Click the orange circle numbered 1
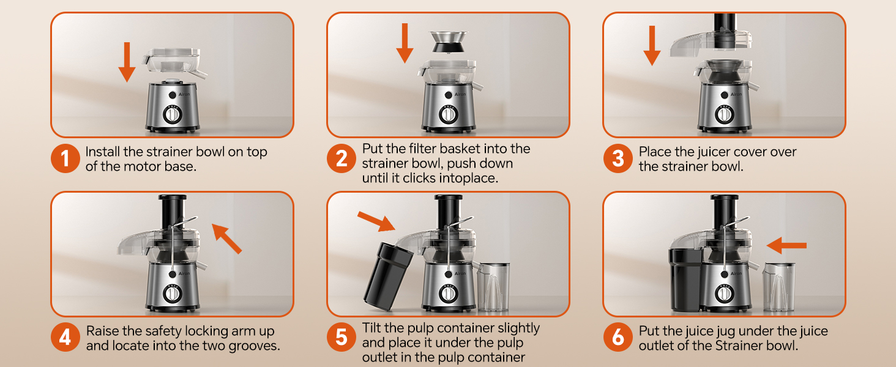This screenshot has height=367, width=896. [x=65, y=158]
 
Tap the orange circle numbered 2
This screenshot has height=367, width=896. [x=341, y=158]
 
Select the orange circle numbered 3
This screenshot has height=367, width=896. [x=618, y=158]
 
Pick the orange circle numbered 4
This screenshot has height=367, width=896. [x=65, y=338]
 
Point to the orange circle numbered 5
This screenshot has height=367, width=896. [x=341, y=338]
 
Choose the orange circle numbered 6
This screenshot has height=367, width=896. [x=618, y=338]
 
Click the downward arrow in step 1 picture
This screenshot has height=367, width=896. [x=127, y=62]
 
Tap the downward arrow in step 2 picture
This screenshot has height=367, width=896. [x=405, y=43]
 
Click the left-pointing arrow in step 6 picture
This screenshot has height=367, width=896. [x=786, y=245]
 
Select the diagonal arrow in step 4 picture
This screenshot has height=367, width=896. [x=226, y=239]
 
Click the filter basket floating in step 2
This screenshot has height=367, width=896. [x=448, y=42]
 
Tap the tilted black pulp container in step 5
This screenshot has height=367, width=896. [x=388, y=276]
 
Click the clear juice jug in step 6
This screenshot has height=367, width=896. [x=778, y=287]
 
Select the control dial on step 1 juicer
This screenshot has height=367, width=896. [x=173, y=114]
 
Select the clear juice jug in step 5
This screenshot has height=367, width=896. [x=494, y=287]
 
